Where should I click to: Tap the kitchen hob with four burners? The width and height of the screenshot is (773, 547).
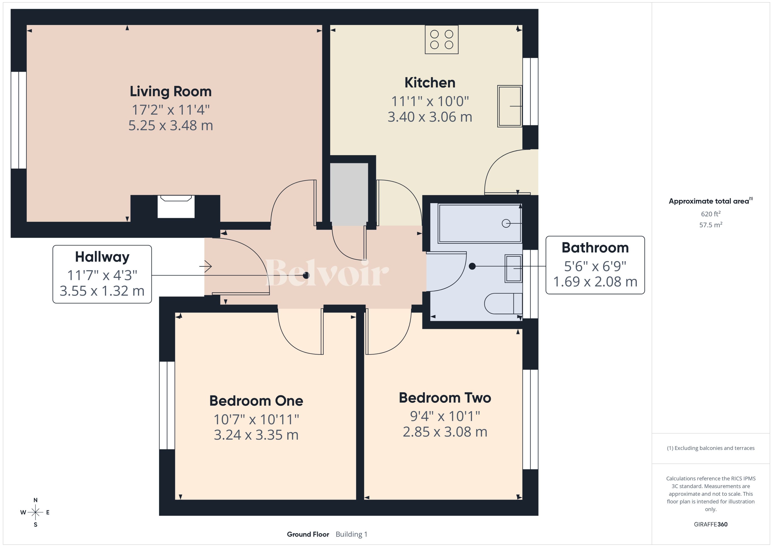tap(441, 39)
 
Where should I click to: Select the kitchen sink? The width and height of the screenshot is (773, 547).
tap(509, 106)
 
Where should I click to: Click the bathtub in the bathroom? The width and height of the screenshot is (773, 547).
tap(480, 223)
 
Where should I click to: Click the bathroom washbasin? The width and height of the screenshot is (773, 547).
tap(513, 269)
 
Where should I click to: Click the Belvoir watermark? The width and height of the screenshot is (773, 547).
tap(327, 273)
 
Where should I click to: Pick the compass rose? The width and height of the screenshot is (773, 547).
tap(35, 512)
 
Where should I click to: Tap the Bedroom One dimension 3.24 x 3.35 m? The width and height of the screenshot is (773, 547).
tap(256, 435)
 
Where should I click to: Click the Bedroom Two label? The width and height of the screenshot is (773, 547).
tap(445, 398)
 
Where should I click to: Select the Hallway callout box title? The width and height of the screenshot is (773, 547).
tap(102, 257)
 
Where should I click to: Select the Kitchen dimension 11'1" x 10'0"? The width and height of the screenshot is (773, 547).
tap(430, 101)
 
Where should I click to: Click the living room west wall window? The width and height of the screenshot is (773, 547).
tap(19, 120)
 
